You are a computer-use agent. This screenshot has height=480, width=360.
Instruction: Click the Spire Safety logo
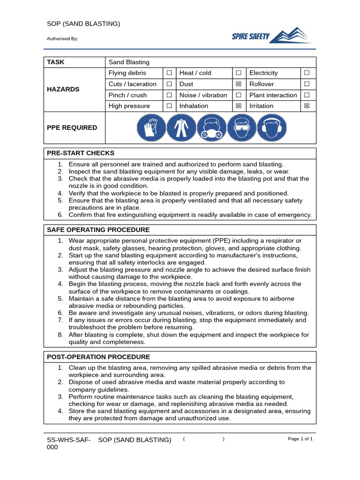272,36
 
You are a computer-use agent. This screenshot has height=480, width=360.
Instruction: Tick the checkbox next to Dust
238,84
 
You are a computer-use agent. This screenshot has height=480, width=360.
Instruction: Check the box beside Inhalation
238,106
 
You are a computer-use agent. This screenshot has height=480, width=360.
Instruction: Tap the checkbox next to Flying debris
169,73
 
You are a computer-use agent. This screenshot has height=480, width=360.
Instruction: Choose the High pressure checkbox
169,106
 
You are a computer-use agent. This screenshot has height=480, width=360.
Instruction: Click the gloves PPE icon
151,128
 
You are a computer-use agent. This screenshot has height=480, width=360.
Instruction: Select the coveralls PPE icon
181,128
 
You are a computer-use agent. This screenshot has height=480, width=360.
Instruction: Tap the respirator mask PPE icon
211,128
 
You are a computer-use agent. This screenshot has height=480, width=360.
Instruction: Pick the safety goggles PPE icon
241,128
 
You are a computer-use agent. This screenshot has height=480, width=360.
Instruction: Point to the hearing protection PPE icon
272,128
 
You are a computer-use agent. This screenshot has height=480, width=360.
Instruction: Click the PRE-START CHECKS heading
81,153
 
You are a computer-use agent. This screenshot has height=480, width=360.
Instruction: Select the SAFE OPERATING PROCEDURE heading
98,230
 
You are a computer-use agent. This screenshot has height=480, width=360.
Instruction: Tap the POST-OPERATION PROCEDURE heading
98,357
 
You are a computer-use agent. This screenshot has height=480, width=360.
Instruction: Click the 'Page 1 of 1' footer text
300,439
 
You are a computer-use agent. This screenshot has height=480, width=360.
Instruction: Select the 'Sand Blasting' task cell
129,62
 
